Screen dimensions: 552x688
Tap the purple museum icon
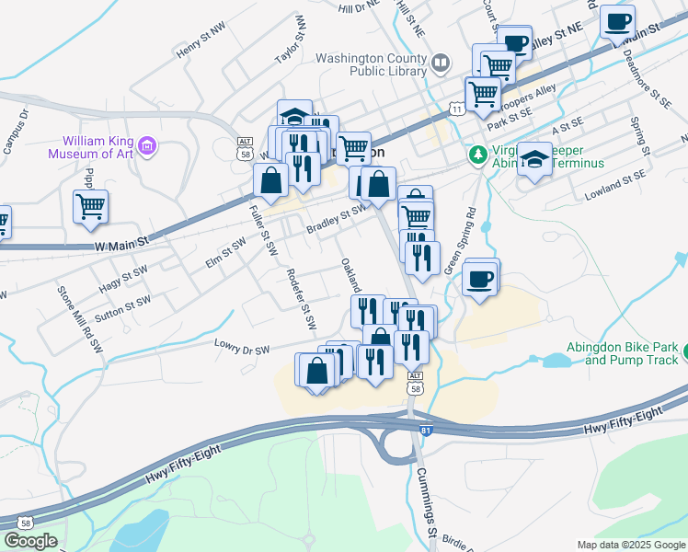point(146,145)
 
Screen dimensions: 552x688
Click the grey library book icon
point(441,63)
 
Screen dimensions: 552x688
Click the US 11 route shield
point(457,109)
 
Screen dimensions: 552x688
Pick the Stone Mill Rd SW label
point(79,319)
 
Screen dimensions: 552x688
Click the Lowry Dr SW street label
point(242,350)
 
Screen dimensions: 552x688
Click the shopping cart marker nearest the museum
point(90,206)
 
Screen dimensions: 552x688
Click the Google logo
point(30,541)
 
